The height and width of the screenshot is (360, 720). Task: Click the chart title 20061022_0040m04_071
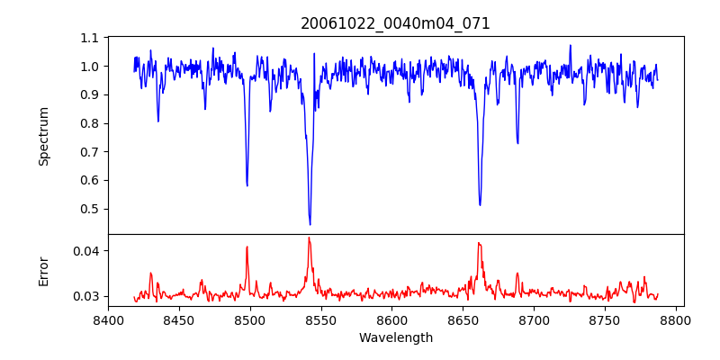[395, 23]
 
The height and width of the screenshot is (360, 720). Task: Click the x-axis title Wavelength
[395, 338]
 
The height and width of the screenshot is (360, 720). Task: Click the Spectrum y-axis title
[44, 136]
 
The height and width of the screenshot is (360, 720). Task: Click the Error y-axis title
[44, 271]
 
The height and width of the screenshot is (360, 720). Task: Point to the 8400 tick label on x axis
[108, 319]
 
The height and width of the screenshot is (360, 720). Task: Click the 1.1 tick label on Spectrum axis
[89, 38]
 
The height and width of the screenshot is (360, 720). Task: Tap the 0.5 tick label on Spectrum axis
[89, 209]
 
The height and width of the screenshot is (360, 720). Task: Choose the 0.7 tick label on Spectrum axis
[89, 152]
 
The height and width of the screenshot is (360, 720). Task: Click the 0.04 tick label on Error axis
[85, 250]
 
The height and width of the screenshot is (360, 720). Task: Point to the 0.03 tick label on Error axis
[85, 296]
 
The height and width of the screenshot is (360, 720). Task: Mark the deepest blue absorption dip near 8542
[310, 224]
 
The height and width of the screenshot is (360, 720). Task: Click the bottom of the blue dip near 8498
[247, 185]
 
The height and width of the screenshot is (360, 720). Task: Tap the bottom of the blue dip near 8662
[480, 204]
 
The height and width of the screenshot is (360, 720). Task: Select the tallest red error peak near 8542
[309, 238]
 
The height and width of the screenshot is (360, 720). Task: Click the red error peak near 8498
[247, 247]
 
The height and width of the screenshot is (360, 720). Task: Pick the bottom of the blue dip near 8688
[517, 142]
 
